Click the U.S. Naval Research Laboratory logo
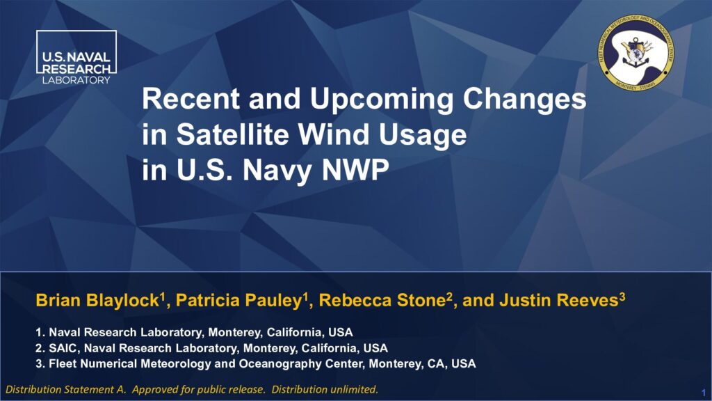coord(76,57)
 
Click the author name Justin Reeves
coord(559,301)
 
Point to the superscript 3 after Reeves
coord(622,297)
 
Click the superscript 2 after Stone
coord(450,297)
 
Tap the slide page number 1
coord(704,392)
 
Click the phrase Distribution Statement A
coord(66,390)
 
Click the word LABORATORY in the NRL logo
coord(76,80)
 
